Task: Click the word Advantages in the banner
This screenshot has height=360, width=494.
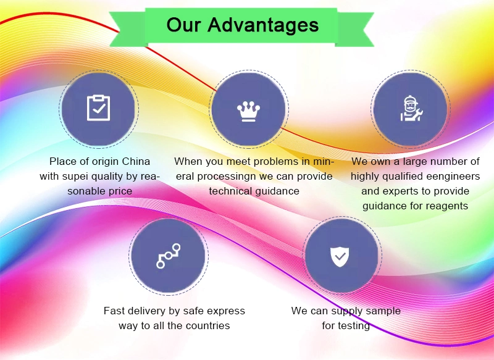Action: pos(263,25)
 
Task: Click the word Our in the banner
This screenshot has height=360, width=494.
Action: pos(183,25)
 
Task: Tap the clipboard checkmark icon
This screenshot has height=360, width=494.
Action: pos(99,107)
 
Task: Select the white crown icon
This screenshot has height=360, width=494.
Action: pos(249,111)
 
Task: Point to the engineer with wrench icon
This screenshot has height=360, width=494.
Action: pos(411,108)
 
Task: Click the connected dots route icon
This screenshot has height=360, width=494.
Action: pos(169,256)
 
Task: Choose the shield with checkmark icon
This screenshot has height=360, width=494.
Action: pos(340,257)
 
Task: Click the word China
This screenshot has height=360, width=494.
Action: pos(136,161)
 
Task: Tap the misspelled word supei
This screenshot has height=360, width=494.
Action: pos(74,177)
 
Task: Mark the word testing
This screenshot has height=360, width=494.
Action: pos(354,325)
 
